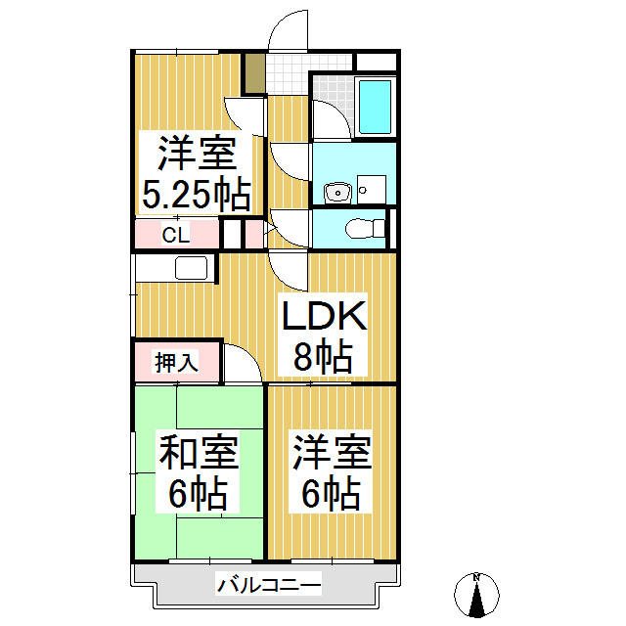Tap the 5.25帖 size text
coord(196,195)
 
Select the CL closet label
coord(175,235)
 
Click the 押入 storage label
coord(177,363)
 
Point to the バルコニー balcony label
coord(269,586)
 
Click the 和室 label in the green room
coord(199,454)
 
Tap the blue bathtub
coord(375,107)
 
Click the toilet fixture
coord(364,228)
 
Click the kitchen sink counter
coord(191,268)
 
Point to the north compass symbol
coord(477,594)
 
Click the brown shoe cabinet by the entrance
coord(254,74)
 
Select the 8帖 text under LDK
coord(323,356)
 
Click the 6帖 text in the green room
coord(199,494)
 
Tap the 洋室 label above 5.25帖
coord(196,154)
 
